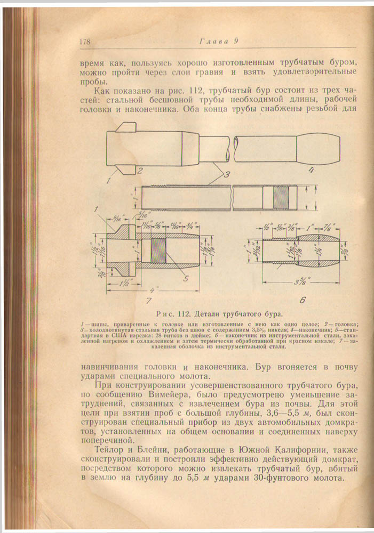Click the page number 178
[x=86, y=42]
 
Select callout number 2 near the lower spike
[x=139, y=171]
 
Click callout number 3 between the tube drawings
[x=227, y=175]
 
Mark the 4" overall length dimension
[x=155, y=291]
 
